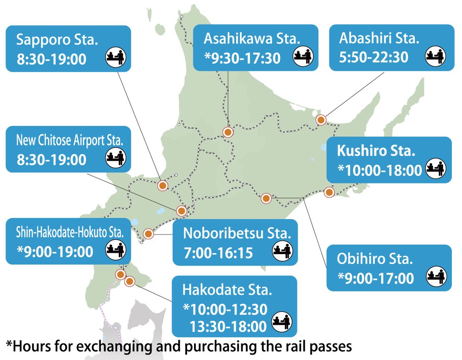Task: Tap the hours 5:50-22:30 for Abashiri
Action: pyautogui.click(x=374, y=57)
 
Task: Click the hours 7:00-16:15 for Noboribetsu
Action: pyautogui.click(x=218, y=252)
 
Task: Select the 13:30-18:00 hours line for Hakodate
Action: pyautogui.click(x=228, y=326)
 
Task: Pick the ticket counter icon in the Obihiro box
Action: pyautogui.click(x=435, y=276)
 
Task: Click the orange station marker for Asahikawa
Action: pyautogui.click(x=227, y=132)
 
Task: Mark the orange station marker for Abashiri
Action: pyautogui.click(x=321, y=120)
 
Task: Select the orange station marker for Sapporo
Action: pyautogui.click(x=162, y=186)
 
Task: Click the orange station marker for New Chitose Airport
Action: pyautogui.click(x=182, y=211)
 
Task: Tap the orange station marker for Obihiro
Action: pyautogui.click(x=266, y=199)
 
